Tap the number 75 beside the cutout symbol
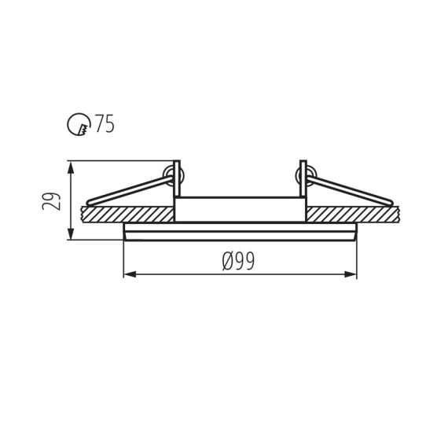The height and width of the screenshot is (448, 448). click(x=105, y=124)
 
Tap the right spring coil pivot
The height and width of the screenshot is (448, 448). click(x=303, y=171)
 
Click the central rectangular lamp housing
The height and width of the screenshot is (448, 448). click(x=239, y=209)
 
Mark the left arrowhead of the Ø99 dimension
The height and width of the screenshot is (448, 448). click(x=130, y=274)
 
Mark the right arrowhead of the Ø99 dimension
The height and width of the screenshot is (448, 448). click(x=351, y=274)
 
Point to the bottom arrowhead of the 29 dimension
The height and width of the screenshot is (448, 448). click(x=72, y=235)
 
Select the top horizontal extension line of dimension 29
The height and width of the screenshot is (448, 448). click(x=118, y=161)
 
